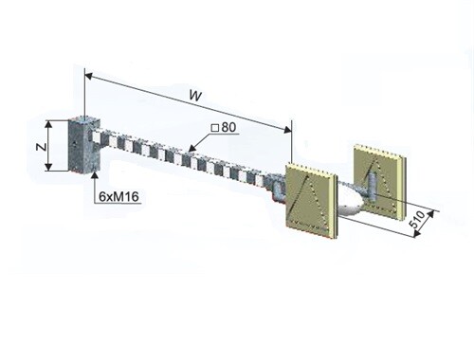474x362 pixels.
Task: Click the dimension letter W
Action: (195, 96)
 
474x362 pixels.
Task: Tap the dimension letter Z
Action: (41, 146)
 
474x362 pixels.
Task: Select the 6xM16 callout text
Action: (118, 196)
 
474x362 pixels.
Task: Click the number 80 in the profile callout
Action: (228, 127)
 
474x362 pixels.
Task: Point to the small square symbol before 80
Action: (215, 128)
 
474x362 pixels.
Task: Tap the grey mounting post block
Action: (84, 145)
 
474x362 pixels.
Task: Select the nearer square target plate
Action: (311, 199)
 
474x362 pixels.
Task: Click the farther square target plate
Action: (380, 179)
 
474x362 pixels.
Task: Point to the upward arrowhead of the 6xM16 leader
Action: (95, 175)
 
